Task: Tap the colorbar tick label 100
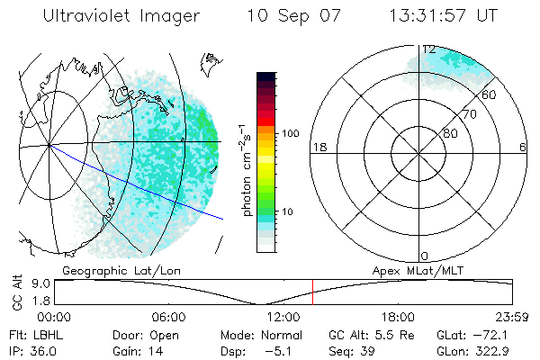pos(291,133)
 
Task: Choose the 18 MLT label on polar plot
pos(318,147)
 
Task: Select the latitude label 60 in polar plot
pos(488,94)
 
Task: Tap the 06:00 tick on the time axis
pos(168,317)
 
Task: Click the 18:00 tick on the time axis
pos(398,317)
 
